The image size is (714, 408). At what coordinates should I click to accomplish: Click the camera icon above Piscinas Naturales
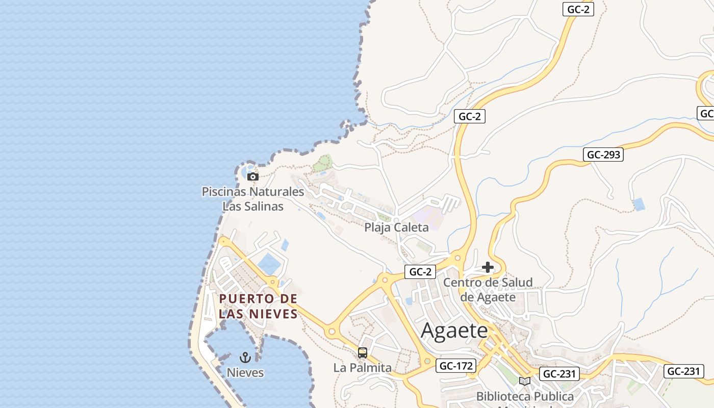252,176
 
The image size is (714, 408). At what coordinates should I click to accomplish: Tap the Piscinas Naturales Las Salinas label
253,199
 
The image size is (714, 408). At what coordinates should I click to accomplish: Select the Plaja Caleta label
396,227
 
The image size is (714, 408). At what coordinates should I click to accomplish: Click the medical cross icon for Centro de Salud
488,267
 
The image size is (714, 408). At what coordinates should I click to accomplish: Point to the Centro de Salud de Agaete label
488,290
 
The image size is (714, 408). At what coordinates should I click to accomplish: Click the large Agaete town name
454,330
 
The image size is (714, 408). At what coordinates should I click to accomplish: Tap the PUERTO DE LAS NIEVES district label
258,306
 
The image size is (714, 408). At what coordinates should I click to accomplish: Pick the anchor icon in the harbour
245,358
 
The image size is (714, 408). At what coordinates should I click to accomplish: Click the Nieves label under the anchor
245,373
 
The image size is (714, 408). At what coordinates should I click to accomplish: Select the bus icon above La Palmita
363,352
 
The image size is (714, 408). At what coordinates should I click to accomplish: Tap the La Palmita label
363,368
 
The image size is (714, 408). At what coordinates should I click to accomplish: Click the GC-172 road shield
456,366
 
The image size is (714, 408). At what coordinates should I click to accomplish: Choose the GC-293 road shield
604,155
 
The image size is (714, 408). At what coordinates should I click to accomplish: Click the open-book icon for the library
524,381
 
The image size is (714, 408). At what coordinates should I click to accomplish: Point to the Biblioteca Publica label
525,396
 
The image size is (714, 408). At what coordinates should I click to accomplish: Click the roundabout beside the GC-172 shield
427,362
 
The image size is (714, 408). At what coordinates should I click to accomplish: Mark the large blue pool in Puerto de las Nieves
268,264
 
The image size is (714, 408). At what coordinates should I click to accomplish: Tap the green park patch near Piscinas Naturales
322,163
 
